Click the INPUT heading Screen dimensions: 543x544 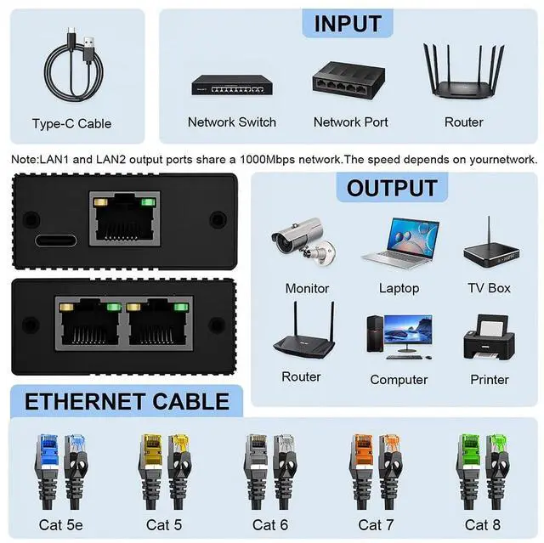coord(348,23)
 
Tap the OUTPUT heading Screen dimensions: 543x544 coord(391,188)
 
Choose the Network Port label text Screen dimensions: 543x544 coord(351,122)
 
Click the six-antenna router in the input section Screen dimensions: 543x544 coord(464,75)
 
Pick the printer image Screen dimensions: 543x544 coord(489,339)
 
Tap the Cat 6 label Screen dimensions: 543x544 coord(270,524)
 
